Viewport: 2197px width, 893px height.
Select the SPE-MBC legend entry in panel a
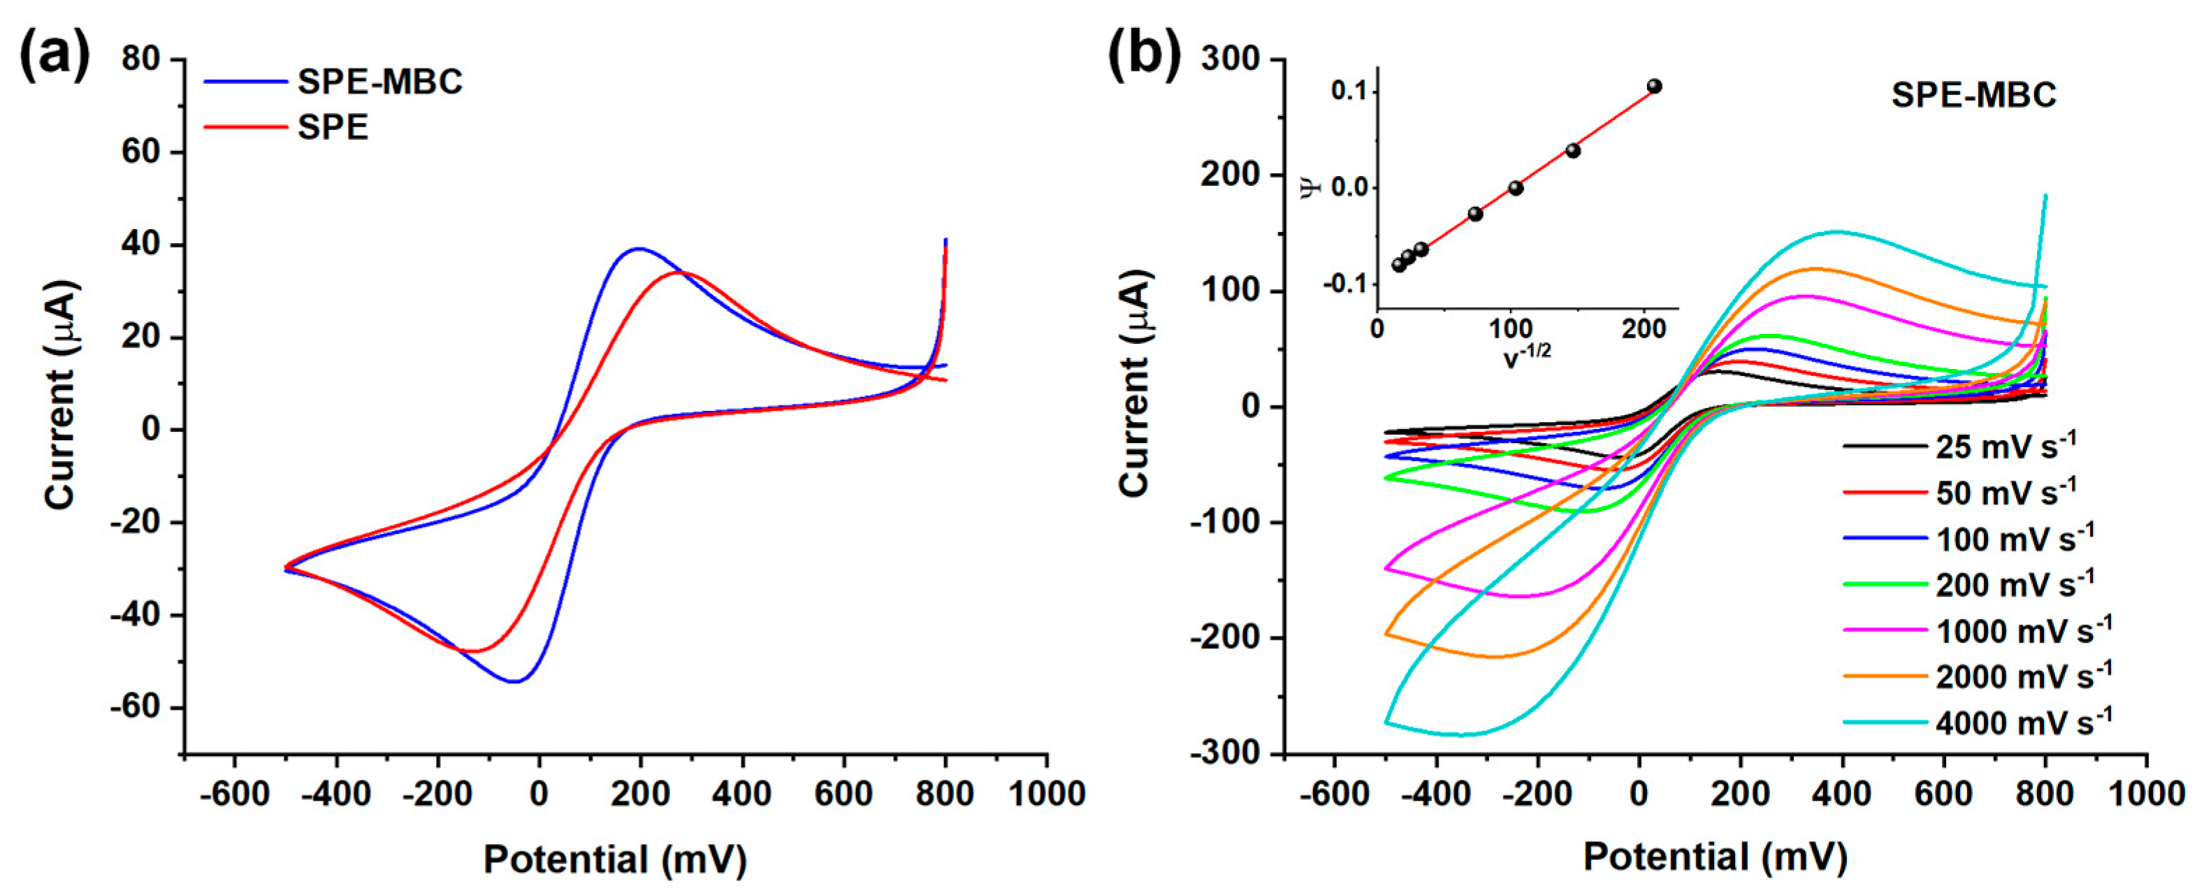pyautogui.click(x=379, y=82)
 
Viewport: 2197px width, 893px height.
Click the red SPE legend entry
pyautogui.click(x=332, y=128)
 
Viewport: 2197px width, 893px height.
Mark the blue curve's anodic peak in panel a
pyautogui.click(x=639, y=249)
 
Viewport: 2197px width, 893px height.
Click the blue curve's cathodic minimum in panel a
pyautogui.click(x=515, y=681)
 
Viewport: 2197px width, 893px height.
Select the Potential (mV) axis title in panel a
pyautogui.click(x=615, y=859)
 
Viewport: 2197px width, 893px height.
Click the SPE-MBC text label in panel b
pyautogui.click(x=1973, y=94)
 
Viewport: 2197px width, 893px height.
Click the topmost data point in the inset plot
pyautogui.click(x=1654, y=86)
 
